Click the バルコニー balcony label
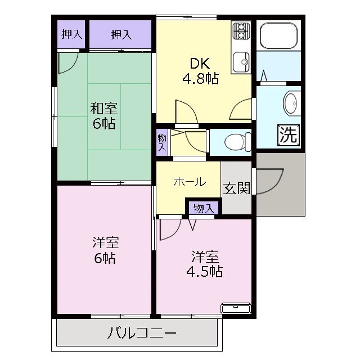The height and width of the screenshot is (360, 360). pos(142,333)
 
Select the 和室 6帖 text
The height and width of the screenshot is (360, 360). pos(104,116)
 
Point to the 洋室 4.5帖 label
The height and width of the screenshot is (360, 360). pos(205,264)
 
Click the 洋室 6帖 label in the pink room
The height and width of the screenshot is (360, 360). pos(105,251)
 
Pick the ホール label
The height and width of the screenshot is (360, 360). pos(190,182)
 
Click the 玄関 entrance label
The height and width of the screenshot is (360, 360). pos(236,188)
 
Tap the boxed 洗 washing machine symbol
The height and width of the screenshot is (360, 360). pos(288,134)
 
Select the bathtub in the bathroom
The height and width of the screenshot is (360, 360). pos(278,36)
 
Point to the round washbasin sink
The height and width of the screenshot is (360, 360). pos(291,103)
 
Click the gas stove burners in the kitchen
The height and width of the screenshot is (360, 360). pos(241,30)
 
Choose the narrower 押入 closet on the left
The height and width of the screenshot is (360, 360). pos(71,34)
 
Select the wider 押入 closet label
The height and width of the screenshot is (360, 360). pos(121,34)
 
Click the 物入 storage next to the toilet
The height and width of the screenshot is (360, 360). pos(162,141)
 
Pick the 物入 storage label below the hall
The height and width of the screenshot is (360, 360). pos(204,208)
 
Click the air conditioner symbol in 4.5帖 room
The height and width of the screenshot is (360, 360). pos(237,308)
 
